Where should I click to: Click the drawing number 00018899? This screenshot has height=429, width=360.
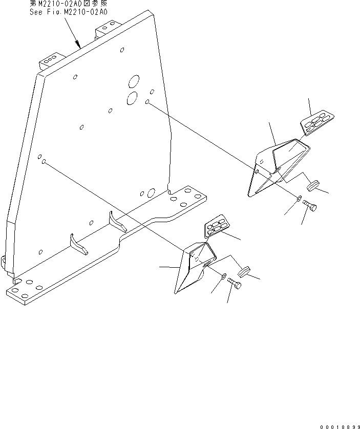pos(337,426)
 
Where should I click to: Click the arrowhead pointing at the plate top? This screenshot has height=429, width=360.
pos(79,46)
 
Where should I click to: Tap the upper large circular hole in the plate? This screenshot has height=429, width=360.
pos(134,81)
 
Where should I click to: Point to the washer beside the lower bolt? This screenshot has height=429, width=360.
pos(224,276)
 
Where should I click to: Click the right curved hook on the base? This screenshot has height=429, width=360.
pos(116,221)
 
